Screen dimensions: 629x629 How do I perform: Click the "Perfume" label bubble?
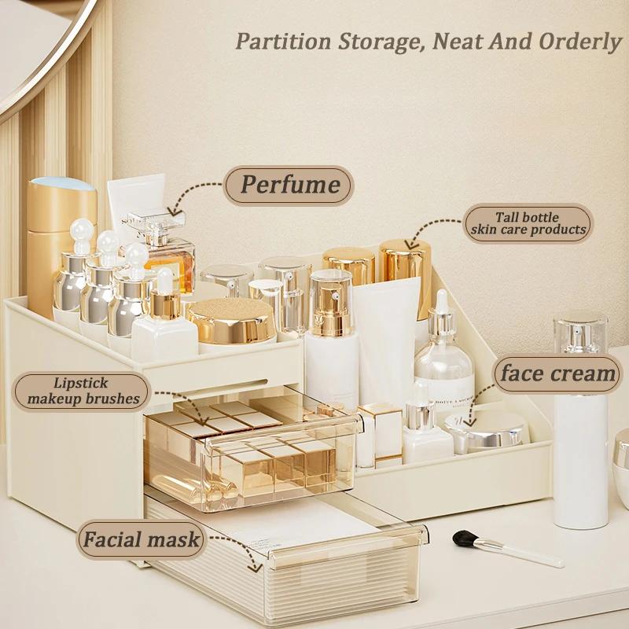point(289,185)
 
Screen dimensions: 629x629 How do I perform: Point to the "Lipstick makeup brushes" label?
point(81,391)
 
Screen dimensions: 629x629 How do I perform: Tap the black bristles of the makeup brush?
point(466,539)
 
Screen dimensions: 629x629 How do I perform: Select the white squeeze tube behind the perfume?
point(135,200)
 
